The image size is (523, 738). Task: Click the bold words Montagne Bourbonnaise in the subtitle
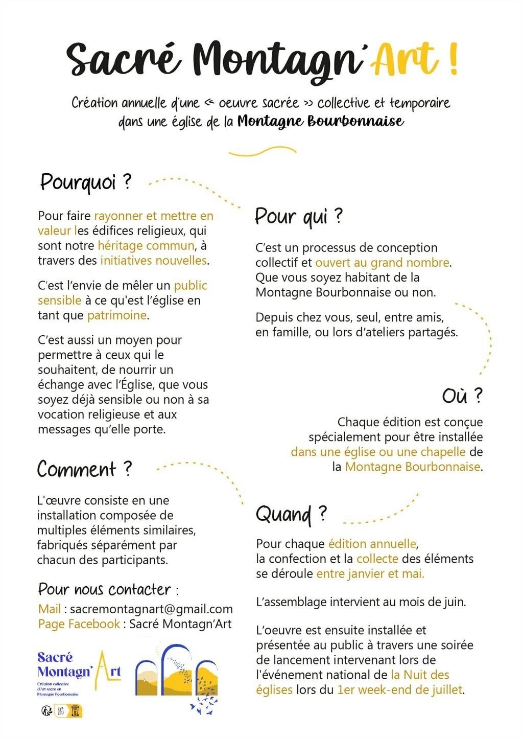pyautogui.click(x=320, y=122)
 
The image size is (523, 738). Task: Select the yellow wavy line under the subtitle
pyautogui.click(x=262, y=152)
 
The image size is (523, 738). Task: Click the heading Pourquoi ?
pyautogui.click(x=86, y=182)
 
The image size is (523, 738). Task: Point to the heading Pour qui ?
pyautogui.click(x=299, y=216)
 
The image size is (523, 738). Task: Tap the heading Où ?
pyautogui.click(x=462, y=396)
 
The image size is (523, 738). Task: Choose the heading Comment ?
pyautogui.click(x=84, y=469)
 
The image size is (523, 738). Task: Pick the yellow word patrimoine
pyautogui.click(x=117, y=315)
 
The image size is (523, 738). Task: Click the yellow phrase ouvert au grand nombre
pyautogui.click(x=383, y=263)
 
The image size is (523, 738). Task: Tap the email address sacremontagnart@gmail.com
pyautogui.click(x=151, y=609)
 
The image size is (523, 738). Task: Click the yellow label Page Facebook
pyautogui.click(x=79, y=624)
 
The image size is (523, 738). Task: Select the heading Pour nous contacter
pyautogui.click(x=105, y=589)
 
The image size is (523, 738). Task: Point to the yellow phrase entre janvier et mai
pyautogui.click(x=370, y=573)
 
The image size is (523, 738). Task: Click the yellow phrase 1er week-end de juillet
pyautogui.click(x=399, y=689)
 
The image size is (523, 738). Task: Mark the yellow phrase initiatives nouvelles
pyautogui.click(x=153, y=260)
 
